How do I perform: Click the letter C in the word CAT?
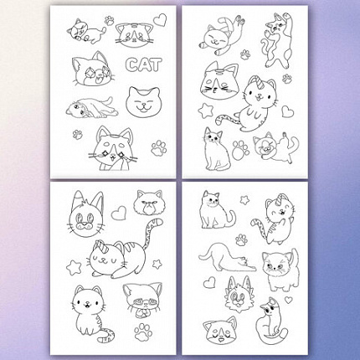click(x=131, y=64)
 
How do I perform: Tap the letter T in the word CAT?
click(x=156, y=64)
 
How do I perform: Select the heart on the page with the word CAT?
click(x=161, y=20)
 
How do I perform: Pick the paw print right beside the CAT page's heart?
click(x=110, y=21)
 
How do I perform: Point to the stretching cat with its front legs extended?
click(x=227, y=257)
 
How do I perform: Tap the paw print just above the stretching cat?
click(x=241, y=239)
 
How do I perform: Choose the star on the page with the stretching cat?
click(x=244, y=200)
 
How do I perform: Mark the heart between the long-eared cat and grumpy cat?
click(x=119, y=213)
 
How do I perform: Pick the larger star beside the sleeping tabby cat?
click(x=74, y=267)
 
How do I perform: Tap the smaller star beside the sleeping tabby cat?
click(x=157, y=264)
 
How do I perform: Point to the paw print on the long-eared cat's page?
click(x=143, y=332)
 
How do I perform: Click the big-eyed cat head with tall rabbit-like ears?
click(x=86, y=215)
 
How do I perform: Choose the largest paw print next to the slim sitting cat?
click(x=240, y=150)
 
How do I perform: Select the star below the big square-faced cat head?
click(x=205, y=111)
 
